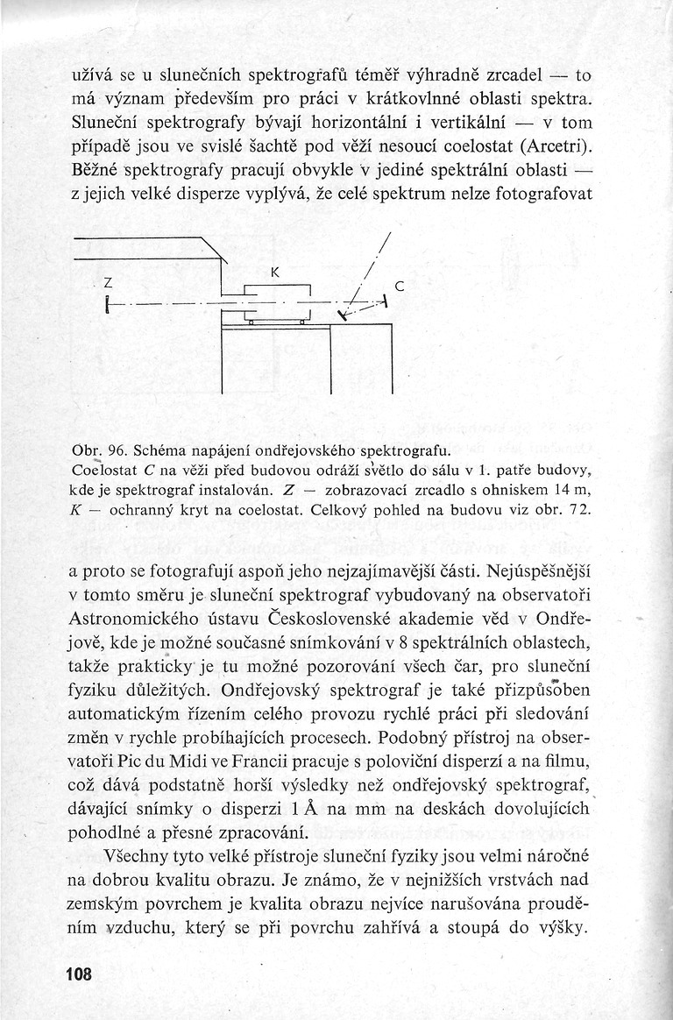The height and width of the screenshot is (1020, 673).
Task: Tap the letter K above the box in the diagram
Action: coord(274,273)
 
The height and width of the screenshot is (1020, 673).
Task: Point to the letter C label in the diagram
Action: coord(400,286)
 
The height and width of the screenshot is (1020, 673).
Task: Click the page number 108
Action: coord(78,974)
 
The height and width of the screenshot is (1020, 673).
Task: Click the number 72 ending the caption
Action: coord(580,509)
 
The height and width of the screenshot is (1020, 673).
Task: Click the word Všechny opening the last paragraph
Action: coord(134,854)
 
